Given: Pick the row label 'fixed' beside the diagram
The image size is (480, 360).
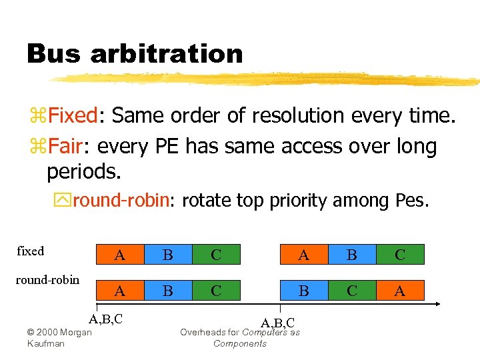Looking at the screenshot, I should pyautogui.click(x=30, y=251).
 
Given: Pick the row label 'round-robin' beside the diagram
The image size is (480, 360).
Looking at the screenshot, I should pyautogui.click(x=47, y=279).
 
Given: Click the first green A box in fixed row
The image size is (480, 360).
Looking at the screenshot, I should pyautogui.click(x=119, y=255).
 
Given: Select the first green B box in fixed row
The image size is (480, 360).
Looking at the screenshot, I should pyautogui.click(x=167, y=255).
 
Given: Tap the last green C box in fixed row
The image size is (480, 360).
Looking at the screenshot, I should pyautogui.click(x=400, y=255).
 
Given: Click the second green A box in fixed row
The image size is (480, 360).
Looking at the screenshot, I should pyautogui.click(x=303, y=255).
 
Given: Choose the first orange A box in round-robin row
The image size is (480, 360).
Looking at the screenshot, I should pyautogui.click(x=119, y=290).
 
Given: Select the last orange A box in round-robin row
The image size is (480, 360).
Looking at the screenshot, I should pyautogui.click(x=400, y=290).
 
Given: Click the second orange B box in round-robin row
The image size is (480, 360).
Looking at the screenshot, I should pyautogui.click(x=303, y=290).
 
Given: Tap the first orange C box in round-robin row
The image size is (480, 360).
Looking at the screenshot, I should pyautogui.click(x=216, y=290).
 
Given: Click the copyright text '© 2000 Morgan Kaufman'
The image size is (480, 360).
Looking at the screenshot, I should pyautogui.click(x=59, y=337).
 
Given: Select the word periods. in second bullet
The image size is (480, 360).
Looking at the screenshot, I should pyautogui.click(x=84, y=172).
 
